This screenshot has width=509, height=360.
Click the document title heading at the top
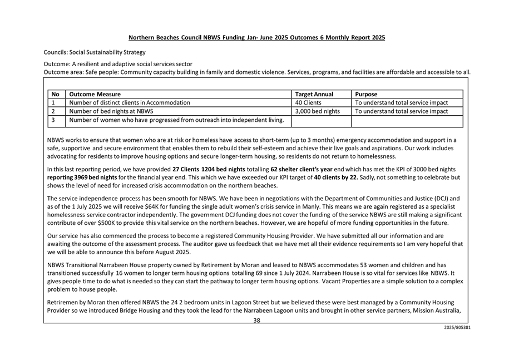(256, 38)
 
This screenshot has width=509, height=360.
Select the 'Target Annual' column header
(314, 95)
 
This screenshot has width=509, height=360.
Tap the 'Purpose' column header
(366, 95)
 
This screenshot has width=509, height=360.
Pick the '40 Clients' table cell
(308, 103)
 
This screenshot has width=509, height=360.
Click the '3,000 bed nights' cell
(318, 111)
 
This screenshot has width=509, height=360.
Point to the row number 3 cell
(53, 120)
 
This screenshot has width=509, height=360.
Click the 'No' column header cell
(55, 95)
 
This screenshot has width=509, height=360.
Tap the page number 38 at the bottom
(257, 320)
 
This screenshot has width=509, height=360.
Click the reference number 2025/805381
(457, 328)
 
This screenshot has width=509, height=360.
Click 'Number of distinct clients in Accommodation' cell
(130, 103)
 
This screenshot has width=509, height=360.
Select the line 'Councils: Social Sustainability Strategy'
(95, 52)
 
